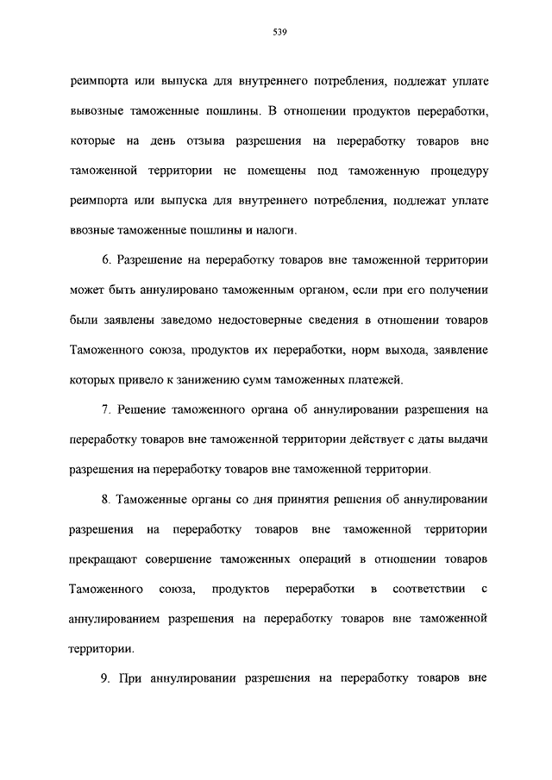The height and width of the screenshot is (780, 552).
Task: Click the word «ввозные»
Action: click(92, 230)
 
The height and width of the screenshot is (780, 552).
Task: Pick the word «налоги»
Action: click(277, 230)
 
